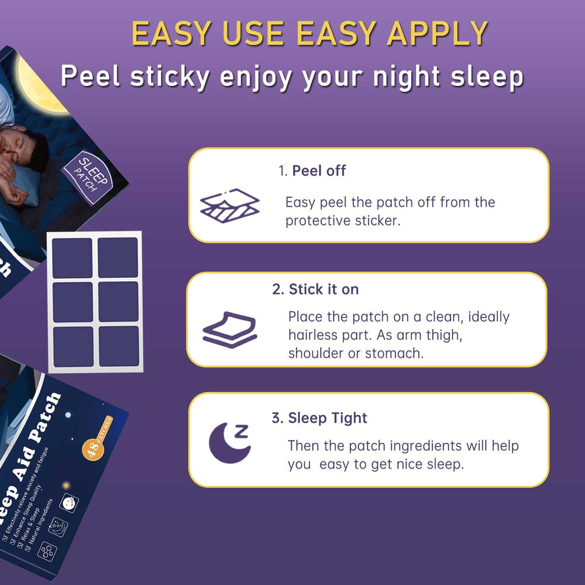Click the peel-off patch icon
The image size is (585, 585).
pyautogui.click(x=229, y=204)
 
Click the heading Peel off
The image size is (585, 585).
pyautogui.click(x=319, y=171)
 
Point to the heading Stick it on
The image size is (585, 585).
pyautogui.click(x=315, y=290)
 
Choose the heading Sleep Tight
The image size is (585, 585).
pyautogui.click(x=319, y=418)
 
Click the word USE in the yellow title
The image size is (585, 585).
pyautogui.click(x=250, y=34)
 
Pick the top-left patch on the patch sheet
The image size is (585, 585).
pyautogui.click(x=72, y=258)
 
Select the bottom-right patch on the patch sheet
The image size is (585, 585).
pyautogui.click(x=118, y=346)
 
